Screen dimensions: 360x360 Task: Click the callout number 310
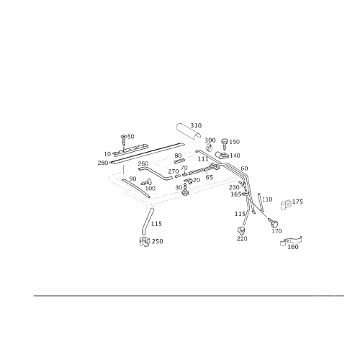(x=196, y=125)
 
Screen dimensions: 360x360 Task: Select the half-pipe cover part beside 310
(x=188, y=131)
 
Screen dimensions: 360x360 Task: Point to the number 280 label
(x=103, y=163)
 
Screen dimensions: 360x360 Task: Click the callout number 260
(x=143, y=163)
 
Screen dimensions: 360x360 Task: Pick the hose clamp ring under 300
(x=209, y=147)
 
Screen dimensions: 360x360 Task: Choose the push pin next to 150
(x=225, y=143)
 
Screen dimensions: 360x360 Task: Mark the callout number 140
(x=235, y=156)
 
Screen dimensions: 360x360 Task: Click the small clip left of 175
(x=286, y=205)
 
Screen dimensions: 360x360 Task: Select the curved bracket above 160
(x=291, y=240)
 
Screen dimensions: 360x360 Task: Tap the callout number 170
(x=276, y=231)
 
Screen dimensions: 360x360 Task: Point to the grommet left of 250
(x=145, y=241)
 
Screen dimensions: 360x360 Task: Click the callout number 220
(x=242, y=238)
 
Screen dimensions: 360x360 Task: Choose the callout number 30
(x=179, y=187)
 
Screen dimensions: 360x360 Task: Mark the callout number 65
(x=210, y=177)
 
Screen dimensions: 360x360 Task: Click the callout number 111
(x=203, y=159)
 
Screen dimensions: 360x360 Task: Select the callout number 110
(x=267, y=199)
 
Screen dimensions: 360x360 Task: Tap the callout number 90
(x=132, y=179)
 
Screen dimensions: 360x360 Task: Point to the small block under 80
(x=180, y=161)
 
